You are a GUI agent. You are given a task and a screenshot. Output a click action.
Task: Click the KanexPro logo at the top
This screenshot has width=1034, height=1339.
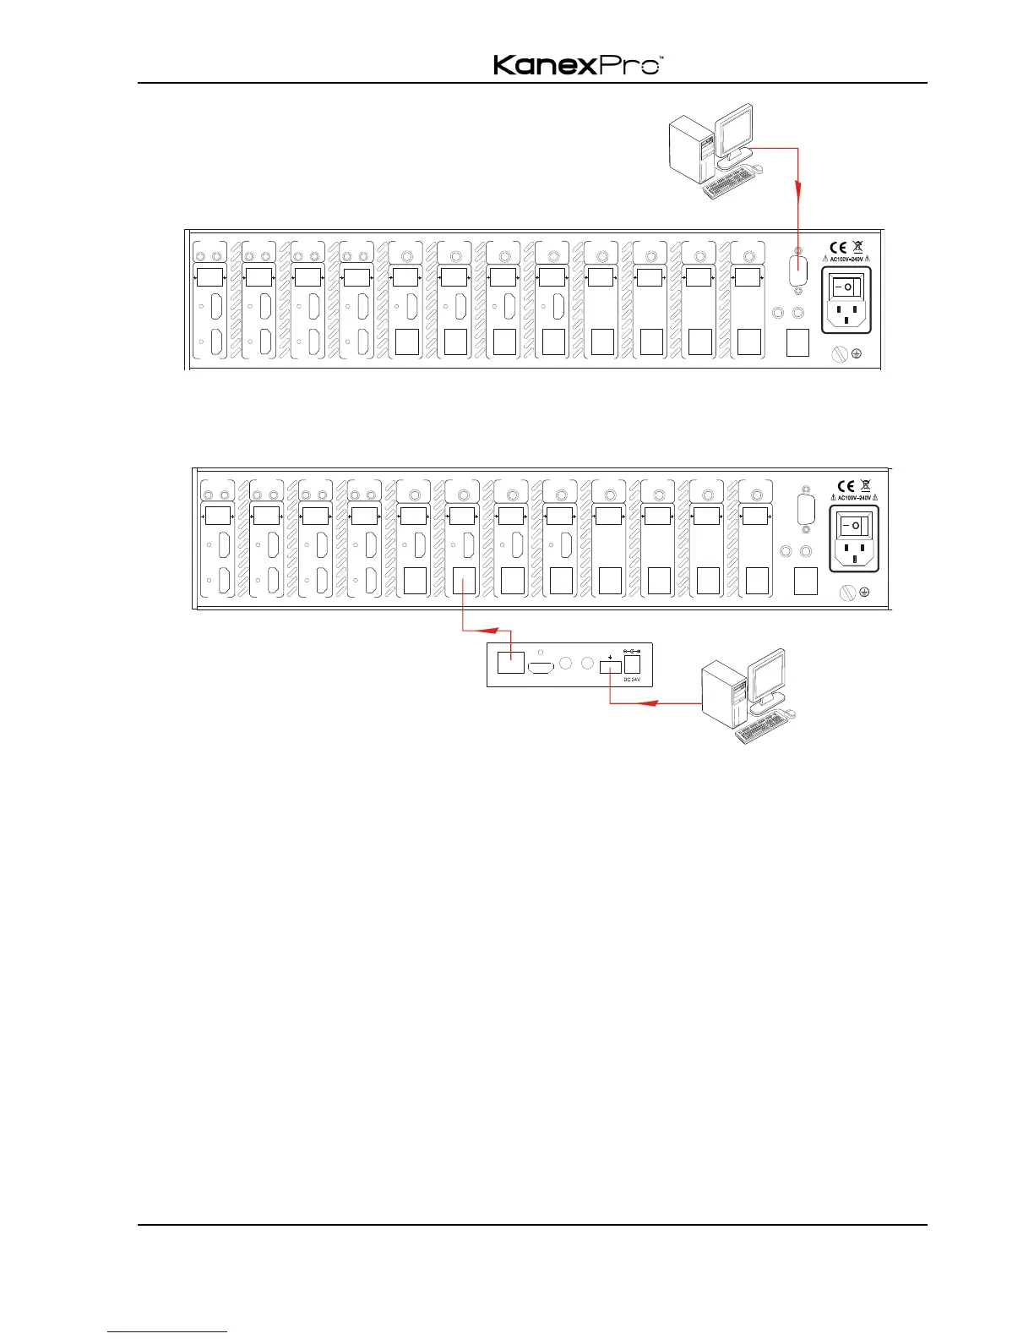(578, 65)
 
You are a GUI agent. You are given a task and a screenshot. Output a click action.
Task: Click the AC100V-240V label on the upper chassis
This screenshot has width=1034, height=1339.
(851, 260)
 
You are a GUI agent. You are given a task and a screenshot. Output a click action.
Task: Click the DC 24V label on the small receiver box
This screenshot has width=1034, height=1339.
(632, 679)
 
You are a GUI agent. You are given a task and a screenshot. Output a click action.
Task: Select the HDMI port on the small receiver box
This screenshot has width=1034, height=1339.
(542, 668)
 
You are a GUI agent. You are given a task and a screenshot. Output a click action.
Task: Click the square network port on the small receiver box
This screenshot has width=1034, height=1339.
(509, 661)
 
